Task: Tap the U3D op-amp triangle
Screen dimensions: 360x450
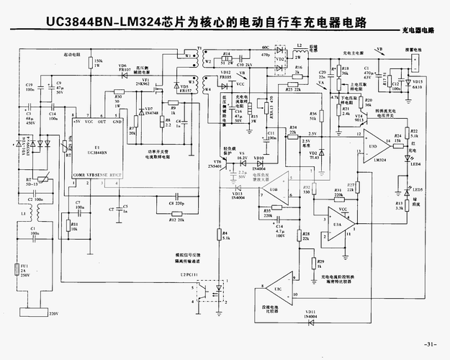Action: pos(374,146)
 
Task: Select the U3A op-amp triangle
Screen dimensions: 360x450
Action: pos(339,223)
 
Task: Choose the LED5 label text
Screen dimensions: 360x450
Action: pos(417,189)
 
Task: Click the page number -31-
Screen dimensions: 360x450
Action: pos(431,342)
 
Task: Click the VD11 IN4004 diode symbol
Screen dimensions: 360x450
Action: pos(310,306)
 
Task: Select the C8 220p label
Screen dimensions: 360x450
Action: pos(176,204)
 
